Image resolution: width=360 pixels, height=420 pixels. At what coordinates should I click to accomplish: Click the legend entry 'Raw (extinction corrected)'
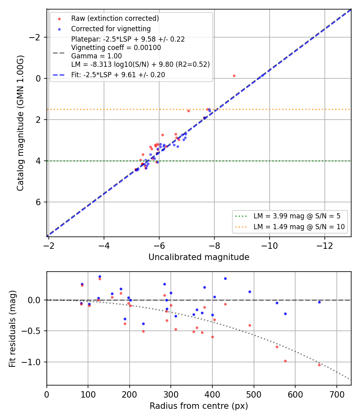click(x=115, y=18)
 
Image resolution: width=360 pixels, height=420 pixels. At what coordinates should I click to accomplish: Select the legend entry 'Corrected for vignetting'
click(x=111, y=29)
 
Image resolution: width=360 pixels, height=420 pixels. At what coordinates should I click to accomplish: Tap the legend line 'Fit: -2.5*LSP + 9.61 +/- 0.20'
click(x=118, y=75)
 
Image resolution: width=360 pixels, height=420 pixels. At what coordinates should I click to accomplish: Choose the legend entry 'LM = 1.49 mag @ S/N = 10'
click(x=299, y=227)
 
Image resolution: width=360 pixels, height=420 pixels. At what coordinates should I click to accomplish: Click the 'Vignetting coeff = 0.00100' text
click(x=116, y=48)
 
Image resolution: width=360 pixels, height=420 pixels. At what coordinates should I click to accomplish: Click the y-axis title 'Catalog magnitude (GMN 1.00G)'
click(x=20, y=123)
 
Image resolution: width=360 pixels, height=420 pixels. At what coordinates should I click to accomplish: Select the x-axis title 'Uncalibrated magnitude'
click(x=199, y=257)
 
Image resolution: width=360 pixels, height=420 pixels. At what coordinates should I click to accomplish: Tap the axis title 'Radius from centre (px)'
click(x=199, y=406)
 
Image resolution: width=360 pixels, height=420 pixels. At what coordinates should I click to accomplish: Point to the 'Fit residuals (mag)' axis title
click(x=12, y=329)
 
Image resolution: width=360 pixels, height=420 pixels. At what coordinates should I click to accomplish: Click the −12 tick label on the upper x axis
click(x=325, y=246)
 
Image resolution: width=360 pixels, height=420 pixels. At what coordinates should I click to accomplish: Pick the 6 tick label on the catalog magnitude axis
click(x=38, y=202)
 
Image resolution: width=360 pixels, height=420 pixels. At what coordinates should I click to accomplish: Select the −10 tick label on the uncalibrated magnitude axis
click(x=270, y=246)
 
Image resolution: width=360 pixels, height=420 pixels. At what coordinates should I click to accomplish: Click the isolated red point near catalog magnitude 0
click(x=234, y=76)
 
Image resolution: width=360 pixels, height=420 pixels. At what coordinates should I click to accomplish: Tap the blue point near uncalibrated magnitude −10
click(x=262, y=76)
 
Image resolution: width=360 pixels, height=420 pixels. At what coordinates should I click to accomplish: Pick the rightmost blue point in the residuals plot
click(x=319, y=302)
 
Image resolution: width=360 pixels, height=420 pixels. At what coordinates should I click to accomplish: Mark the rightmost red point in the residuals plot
click(x=319, y=365)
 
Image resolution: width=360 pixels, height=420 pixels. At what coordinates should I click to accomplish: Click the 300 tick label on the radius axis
click(x=171, y=394)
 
